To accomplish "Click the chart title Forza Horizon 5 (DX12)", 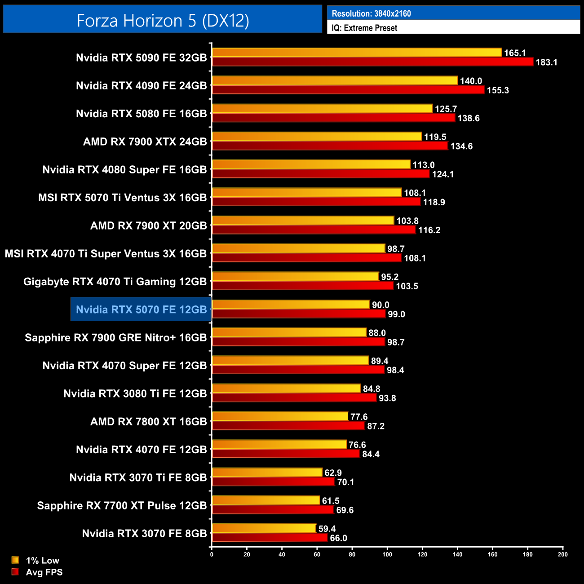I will (163, 21).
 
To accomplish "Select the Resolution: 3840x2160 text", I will (371, 13).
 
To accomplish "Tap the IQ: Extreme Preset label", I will (364, 28).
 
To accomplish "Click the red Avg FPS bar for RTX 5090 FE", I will (372, 62).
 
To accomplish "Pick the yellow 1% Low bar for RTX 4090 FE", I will (335, 81).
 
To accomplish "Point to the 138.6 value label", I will (468, 118).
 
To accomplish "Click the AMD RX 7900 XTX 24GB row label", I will (145, 142).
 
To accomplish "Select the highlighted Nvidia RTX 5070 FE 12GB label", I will (141, 310).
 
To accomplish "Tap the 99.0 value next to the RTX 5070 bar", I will (396, 314).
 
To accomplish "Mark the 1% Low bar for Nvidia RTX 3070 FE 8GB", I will (264, 529).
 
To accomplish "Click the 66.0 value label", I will (338, 538).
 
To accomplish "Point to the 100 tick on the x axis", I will (387, 554).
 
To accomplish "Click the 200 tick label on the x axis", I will (562, 554).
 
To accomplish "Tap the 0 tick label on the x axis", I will (212, 554).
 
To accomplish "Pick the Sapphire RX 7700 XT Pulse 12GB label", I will (122, 506).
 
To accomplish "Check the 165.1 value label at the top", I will (515, 53).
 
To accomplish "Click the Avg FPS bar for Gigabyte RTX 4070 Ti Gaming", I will (303, 286).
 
